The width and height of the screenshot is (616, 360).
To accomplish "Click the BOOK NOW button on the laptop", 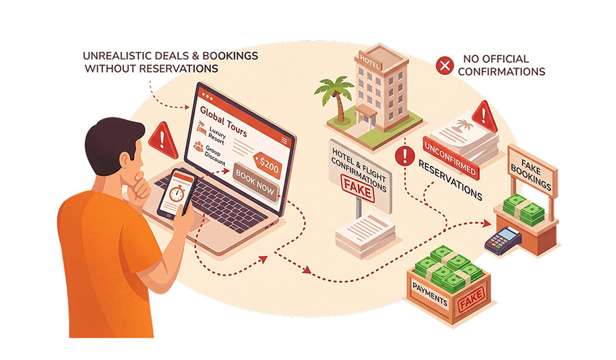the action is (x=255, y=183).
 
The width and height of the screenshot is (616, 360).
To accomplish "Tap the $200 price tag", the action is (x=268, y=165).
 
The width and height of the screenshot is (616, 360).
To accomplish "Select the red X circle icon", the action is (x=445, y=65).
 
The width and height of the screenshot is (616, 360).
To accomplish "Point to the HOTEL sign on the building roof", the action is (x=369, y=62).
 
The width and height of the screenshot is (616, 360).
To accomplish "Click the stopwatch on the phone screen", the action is (x=177, y=193).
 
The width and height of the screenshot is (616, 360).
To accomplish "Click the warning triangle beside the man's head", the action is (x=162, y=140).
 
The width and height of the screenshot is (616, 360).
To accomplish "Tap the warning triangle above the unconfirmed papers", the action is (x=485, y=117).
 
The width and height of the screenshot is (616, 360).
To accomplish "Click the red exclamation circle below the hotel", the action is (x=404, y=156).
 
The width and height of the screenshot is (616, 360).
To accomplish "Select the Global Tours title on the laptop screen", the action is (x=223, y=121).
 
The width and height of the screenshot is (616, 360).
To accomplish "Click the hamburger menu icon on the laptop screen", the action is (x=284, y=141).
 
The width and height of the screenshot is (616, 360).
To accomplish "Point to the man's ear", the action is (x=125, y=162).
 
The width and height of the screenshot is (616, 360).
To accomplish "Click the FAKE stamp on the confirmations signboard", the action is (x=357, y=189).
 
